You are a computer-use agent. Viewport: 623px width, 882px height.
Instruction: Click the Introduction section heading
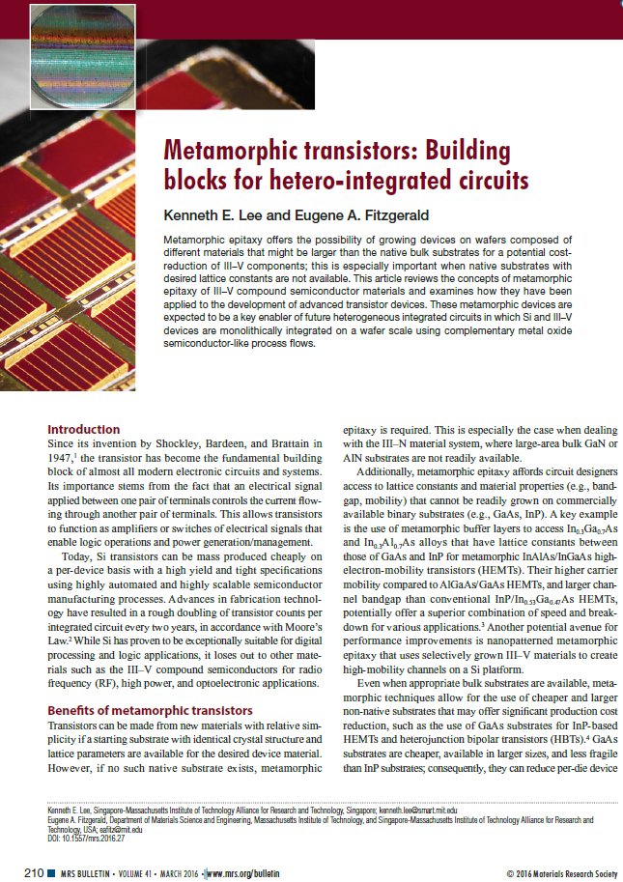[84, 430]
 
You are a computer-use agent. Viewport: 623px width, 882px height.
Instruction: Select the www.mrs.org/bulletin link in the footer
[244, 873]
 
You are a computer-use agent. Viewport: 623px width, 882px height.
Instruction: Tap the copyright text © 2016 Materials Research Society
[560, 873]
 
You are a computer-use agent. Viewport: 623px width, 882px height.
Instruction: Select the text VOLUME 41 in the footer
[122, 873]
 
